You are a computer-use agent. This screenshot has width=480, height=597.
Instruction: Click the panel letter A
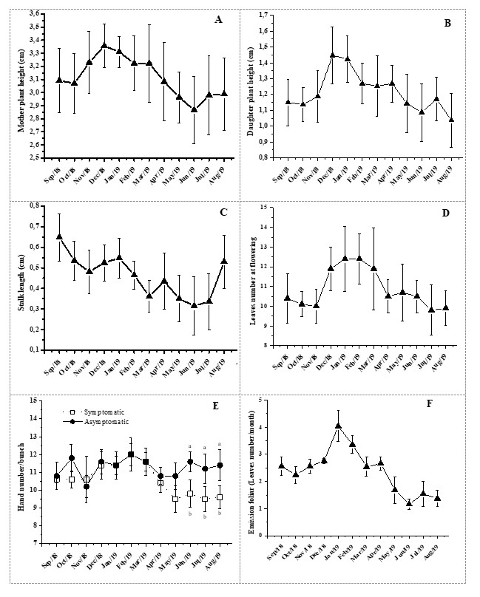point(219,20)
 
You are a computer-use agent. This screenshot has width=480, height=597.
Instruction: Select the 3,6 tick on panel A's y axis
point(33,13)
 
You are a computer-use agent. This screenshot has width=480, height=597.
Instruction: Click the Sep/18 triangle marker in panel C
point(59,237)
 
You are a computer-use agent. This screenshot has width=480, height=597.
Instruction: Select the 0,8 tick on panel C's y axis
point(33,205)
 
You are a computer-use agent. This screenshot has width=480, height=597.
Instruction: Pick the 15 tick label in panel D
point(271,207)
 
